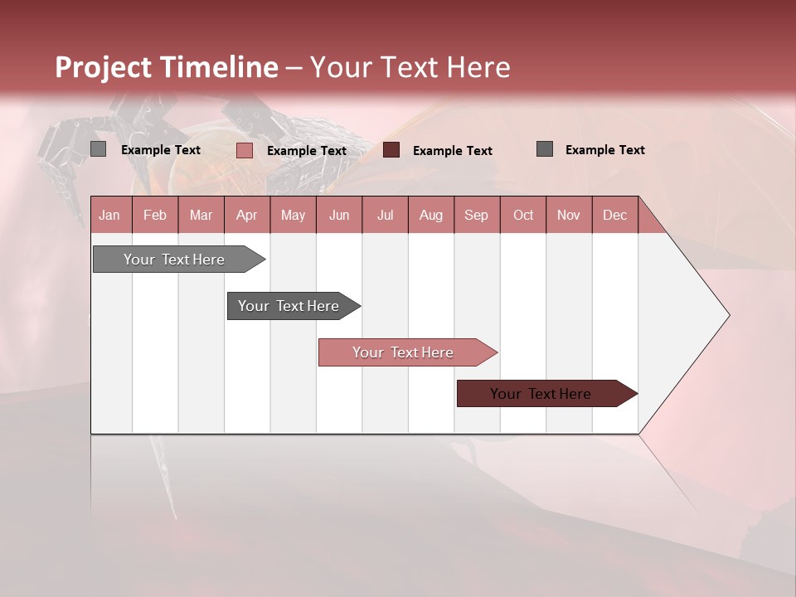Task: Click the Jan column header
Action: point(109,215)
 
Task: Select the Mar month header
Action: point(201,215)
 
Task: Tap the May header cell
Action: point(293,215)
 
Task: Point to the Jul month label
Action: point(385,215)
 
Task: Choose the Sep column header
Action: point(476,215)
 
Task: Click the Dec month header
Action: point(614,215)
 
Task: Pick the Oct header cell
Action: point(523,215)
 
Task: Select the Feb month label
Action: point(155,215)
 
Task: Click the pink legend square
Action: point(244,150)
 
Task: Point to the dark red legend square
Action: point(391,149)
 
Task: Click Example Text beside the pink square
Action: point(306,151)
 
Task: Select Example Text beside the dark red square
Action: point(452,151)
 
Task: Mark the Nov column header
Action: point(568,215)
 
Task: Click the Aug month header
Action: point(430,215)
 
